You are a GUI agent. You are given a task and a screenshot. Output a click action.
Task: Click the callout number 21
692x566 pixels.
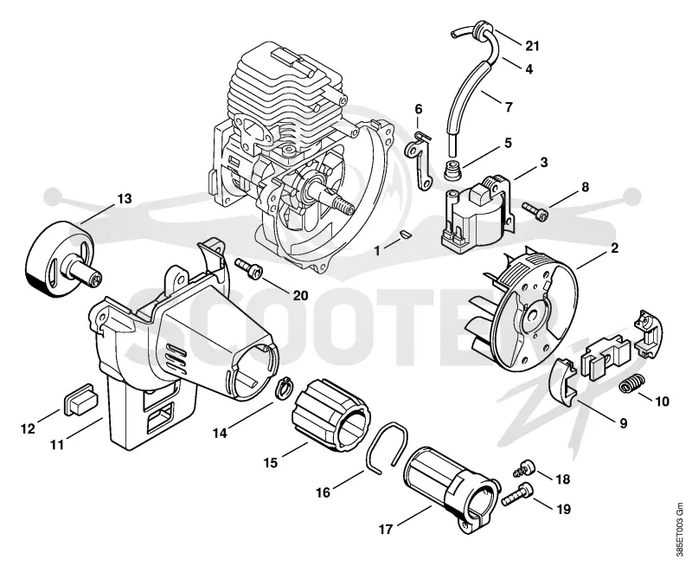click(x=532, y=46)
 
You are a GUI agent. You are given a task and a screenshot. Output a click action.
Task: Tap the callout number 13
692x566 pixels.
click(x=124, y=199)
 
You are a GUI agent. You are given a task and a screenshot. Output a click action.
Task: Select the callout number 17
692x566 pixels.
click(x=386, y=529)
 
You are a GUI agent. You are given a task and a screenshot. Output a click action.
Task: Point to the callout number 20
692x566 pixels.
click(x=300, y=295)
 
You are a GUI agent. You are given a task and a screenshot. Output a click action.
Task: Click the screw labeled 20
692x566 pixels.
click(x=248, y=267)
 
